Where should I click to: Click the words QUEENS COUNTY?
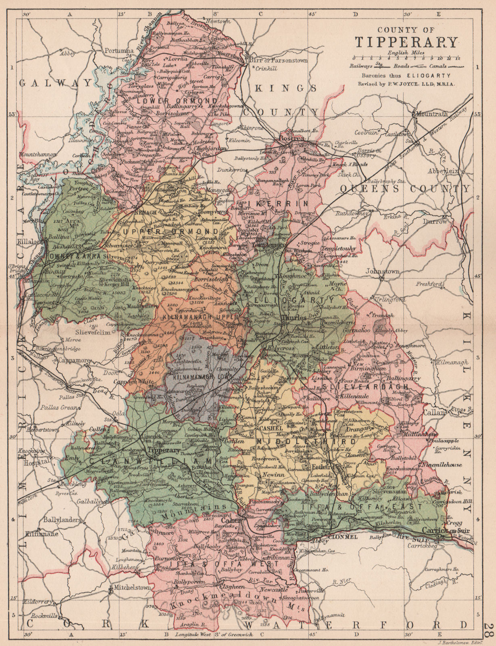[x=405, y=189]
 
